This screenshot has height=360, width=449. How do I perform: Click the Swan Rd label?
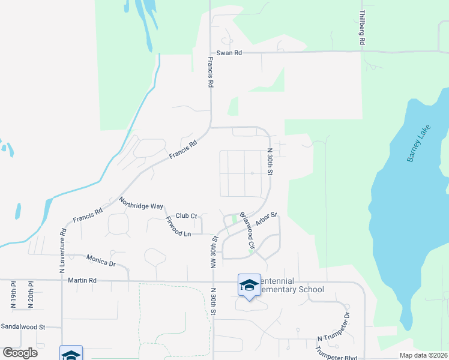click(x=229, y=53)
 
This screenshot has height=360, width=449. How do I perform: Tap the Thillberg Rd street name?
click(x=362, y=28)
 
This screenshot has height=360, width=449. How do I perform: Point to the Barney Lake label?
click(x=419, y=146)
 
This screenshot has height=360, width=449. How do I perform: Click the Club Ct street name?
click(x=187, y=216)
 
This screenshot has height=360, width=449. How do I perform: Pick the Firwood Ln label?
click(x=178, y=226)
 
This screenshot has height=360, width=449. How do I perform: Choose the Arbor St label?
click(x=266, y=218)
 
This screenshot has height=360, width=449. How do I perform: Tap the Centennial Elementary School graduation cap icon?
click(x=249, y=284)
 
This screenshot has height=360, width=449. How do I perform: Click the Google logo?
click(x=20, y=353)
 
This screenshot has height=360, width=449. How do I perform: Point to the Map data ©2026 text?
click(x=423, y=355)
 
